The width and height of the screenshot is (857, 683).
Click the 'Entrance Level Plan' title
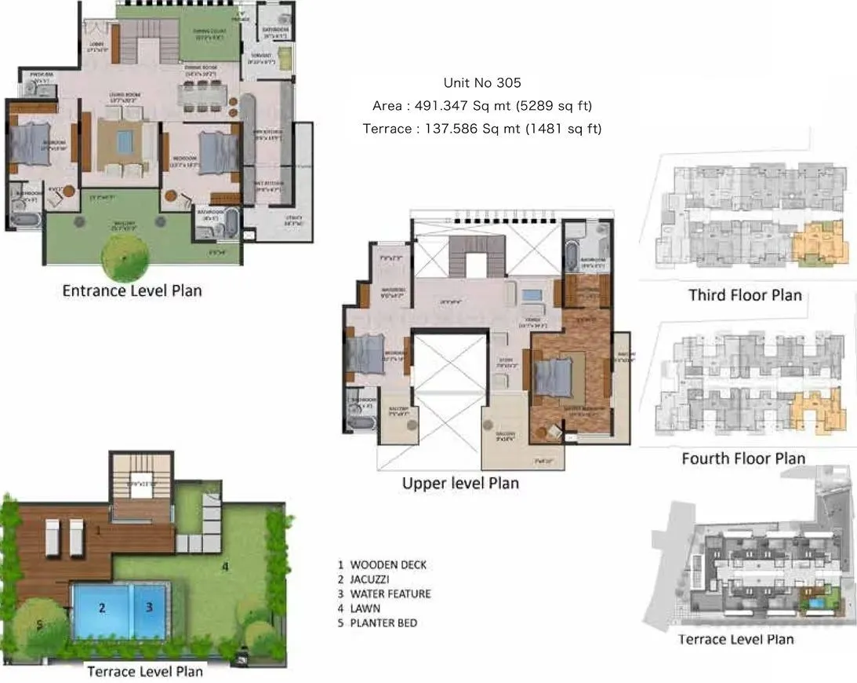[132, 290]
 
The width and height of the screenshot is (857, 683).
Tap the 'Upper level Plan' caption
[460, 483]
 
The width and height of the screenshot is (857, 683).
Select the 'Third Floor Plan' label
[745, 295]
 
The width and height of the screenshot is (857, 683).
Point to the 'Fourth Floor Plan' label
[743, 458]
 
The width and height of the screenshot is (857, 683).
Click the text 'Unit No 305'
[482, 82]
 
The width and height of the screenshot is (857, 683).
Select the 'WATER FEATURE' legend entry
[390, 594]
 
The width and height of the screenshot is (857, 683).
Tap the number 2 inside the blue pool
[102, 607]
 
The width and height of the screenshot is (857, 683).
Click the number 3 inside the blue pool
[149, 607]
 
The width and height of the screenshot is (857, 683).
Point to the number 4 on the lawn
[224, 565]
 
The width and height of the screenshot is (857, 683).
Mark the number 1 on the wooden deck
[98, 531]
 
